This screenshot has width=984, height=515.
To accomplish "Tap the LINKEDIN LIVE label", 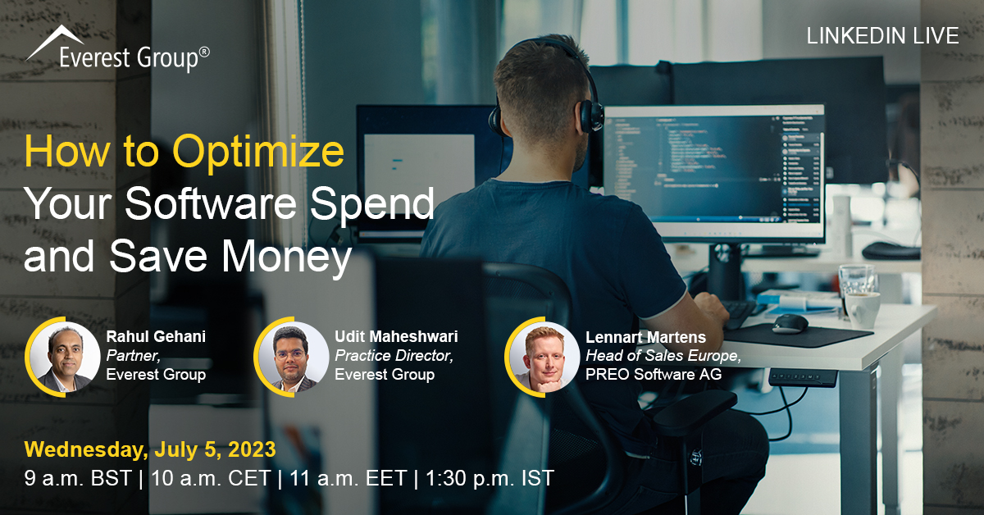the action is (882, 36).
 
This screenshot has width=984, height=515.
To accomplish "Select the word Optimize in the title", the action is (258, 152).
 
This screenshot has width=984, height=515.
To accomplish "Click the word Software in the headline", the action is (211, 203).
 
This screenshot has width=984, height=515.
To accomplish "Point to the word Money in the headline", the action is (286, 256).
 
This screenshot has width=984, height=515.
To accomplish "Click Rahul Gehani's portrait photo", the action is (65, 357).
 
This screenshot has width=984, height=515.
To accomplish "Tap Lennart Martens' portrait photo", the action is (544, 357).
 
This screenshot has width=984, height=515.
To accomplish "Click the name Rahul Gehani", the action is (156, 336).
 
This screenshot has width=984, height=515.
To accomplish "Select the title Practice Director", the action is (394, 355).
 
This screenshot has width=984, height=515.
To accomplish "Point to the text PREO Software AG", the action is (654, 374).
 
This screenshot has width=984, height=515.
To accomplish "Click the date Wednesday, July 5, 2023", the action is (150, 449).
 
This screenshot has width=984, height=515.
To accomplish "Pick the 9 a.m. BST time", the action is (78, 478).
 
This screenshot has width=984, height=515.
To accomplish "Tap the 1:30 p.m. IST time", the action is (490, 478).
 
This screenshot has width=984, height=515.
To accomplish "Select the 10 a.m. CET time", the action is (211, 478).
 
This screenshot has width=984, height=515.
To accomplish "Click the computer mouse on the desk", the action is (790, 324).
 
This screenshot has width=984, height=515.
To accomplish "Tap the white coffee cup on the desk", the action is (862, 309).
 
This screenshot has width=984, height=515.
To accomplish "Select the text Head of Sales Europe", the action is (663, 355).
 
